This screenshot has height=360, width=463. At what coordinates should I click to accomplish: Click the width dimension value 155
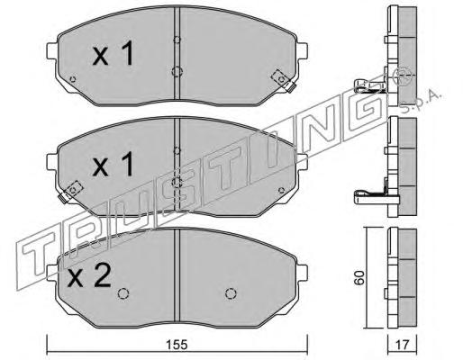click(x=177, y=345)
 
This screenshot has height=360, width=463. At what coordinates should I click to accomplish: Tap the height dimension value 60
click(x=359, y=277)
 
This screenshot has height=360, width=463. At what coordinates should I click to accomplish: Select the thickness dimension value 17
click(x=402, y=345)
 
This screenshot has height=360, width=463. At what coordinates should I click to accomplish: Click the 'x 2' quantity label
click(x=89, y=276)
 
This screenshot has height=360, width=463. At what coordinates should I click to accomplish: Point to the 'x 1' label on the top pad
click(x=113, y=54)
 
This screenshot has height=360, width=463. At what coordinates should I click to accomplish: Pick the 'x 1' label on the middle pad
click(x=113, y=164)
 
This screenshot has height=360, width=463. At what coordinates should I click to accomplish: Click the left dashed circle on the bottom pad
click(x=123, y=293)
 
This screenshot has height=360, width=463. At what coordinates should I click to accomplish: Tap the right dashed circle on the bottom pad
click(x=231, y=293)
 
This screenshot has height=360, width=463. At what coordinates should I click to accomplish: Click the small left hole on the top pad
click(x=72, y=79)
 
